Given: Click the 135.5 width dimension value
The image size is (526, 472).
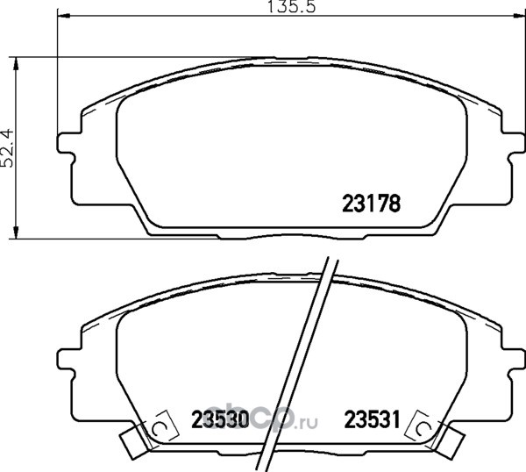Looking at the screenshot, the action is [x=291, y=6].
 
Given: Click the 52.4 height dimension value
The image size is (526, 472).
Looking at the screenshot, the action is [x=7, y=147].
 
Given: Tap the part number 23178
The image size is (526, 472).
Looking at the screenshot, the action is [x=372, y=204].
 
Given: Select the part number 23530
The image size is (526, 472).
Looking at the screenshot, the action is [x=220, y=419].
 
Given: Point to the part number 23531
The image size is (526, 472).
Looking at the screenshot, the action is [x=373, y=419].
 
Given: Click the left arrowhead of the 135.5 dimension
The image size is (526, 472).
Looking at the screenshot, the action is [x=64, y=15].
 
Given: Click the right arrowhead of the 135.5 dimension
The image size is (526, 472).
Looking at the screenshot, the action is [x=519, y=15].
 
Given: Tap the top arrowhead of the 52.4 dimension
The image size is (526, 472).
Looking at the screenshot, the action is [x=15, y=63].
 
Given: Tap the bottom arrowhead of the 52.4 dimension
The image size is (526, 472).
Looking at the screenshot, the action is [x=15, y=232].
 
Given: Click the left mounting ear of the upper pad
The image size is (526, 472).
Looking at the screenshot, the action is [x=66, y=144].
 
